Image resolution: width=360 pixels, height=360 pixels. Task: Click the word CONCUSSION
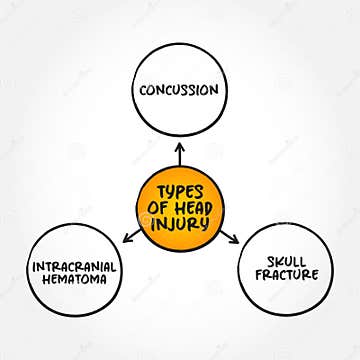tap(180, 89)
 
